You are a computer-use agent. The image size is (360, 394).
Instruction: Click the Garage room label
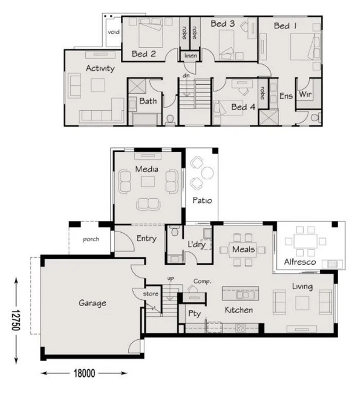coord(92,303)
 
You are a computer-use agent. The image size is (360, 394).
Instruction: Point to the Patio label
coord(202,201)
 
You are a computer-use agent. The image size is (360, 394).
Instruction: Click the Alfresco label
coord(300,262)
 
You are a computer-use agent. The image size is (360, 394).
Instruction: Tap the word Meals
coord(243,249)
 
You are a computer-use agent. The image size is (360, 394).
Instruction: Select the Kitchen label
coord(238,310)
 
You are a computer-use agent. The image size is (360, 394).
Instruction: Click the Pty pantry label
coord(194,314)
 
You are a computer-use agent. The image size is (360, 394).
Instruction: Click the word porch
coord(91,239)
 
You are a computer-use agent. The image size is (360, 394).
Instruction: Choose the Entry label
coord(146,239)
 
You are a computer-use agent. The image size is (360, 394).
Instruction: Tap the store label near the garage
coord(151,293)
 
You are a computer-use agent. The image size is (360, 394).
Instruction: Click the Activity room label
coord(100,68)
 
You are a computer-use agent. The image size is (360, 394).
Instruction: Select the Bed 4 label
coord(243,107)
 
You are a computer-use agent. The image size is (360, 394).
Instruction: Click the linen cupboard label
coord(191,56)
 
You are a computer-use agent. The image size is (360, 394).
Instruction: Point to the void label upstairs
coord(113,32)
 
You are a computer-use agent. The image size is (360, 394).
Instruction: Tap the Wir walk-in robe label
coord(305,94)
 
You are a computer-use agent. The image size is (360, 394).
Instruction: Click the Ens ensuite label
coord(286,96)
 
